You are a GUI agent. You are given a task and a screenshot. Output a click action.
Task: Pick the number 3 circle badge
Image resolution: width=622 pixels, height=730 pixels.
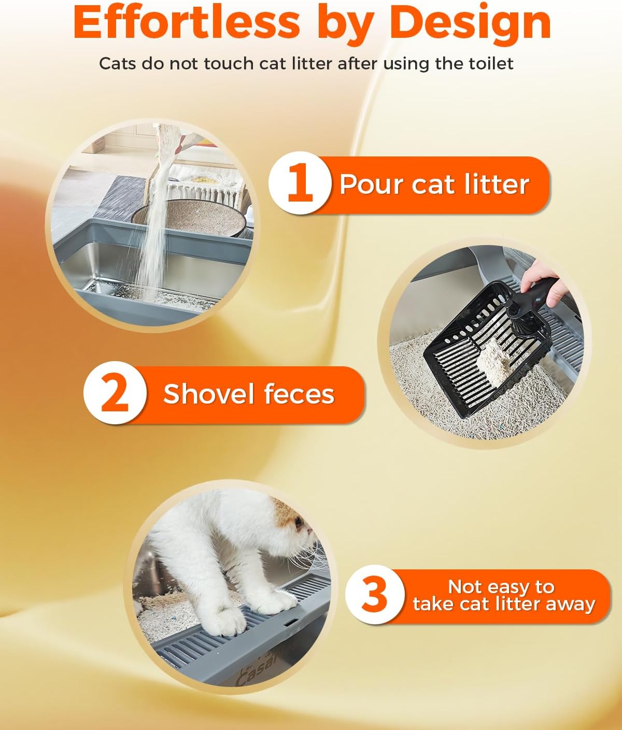(x=375, y=596)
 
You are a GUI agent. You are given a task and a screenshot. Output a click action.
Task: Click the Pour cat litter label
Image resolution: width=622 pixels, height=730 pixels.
(x=434, y=184)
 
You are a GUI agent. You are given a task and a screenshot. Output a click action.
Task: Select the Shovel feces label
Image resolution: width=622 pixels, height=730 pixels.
(x=249, y=394)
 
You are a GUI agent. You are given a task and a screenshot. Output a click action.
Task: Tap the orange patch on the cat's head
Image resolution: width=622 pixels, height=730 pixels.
(x=288, y=513)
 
